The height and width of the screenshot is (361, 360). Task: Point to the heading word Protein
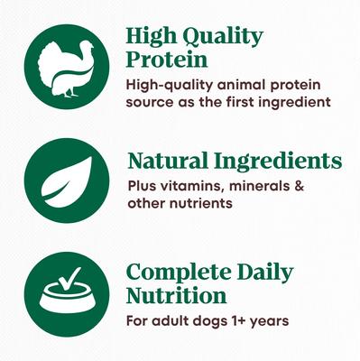(x=167, y=61)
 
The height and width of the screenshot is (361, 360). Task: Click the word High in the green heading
(x=150, y=37)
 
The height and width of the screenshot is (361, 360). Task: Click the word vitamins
(x=189, y=187)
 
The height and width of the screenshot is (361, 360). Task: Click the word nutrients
(x=204, y=203)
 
